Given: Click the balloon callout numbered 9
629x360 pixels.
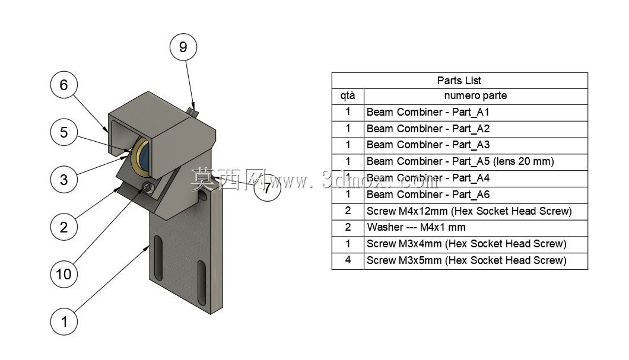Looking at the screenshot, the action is pos(183,47).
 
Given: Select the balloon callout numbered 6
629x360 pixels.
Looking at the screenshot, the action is pos(63,85).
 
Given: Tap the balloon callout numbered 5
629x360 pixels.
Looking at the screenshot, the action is pos(63,132).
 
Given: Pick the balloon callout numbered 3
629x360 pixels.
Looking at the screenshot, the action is pos(63,180).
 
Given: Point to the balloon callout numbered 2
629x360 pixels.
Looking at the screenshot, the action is pos(63,227).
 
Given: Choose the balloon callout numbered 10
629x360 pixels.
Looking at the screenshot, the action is pos(63,274).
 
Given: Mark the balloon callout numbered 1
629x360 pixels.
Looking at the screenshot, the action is pos(63,321).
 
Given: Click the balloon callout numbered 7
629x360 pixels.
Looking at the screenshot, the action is pos(267,187).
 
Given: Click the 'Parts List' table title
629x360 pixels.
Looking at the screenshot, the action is pos(459,81).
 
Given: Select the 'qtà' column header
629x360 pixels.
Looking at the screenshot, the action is pos(347,96).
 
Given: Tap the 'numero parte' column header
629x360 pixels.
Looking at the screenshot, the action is pos(475,96).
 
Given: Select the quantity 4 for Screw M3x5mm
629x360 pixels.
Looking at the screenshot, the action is pos(348,260).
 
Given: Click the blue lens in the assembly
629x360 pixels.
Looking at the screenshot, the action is pos(145,156).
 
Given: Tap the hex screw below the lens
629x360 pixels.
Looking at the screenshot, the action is pos(147,187).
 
